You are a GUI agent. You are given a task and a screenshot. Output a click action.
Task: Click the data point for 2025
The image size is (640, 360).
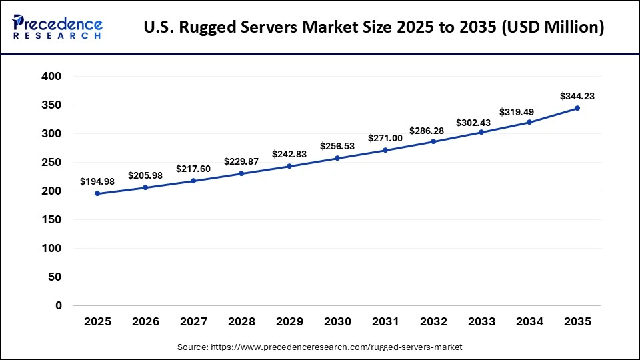pos(97,193)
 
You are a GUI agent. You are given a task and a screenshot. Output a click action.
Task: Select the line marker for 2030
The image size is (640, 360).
pos(337,158)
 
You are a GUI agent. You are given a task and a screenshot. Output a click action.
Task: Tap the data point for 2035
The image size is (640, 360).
pos(577,108)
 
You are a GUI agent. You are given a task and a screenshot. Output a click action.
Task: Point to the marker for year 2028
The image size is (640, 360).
pos(241,173)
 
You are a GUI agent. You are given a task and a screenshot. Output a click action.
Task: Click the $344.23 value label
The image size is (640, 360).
pos(577,96)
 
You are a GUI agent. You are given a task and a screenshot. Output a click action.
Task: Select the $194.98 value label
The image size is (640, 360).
pos(97,181)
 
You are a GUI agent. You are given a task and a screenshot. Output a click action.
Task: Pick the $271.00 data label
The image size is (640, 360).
pos(385,138)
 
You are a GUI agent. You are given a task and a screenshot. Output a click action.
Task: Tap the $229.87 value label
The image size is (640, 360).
pos(241,161)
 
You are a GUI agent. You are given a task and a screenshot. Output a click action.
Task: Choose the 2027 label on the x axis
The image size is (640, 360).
pos(193,321)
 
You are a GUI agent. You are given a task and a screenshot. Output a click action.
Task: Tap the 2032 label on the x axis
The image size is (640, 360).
pos(433,321)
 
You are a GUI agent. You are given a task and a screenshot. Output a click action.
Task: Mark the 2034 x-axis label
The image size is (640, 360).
pos(529,321)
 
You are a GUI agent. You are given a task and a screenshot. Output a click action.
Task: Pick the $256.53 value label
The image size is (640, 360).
pos(337,146)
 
